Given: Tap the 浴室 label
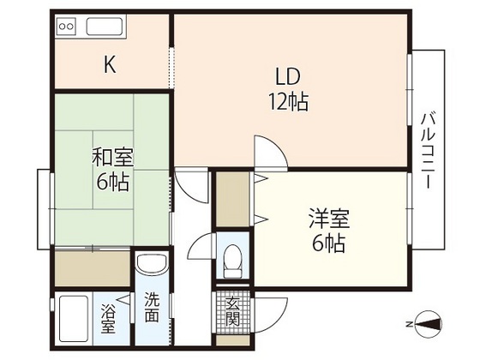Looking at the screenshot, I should [109, 316].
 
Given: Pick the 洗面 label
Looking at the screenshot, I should [151, 308].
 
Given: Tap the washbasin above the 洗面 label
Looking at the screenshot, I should [152, 267].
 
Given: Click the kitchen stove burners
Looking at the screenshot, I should [67, 27].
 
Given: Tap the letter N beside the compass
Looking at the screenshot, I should [409, 323].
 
